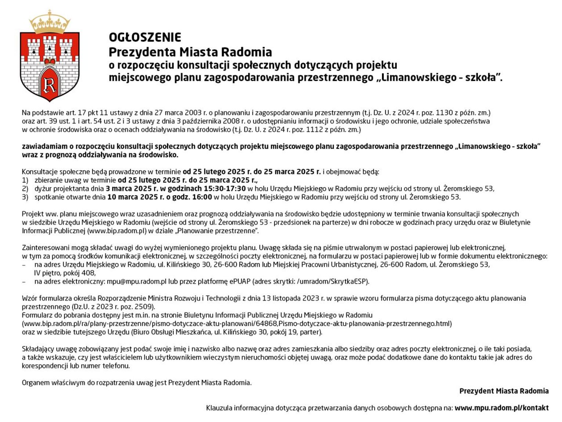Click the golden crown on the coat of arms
click(50, 22)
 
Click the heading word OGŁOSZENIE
click(145, 37)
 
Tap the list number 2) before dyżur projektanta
click(25, 189)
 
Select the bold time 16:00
click(202, 197)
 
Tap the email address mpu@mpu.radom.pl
click(137, 282)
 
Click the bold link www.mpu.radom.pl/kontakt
click(501, 408)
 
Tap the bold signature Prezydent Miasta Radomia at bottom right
click(504, 391)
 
